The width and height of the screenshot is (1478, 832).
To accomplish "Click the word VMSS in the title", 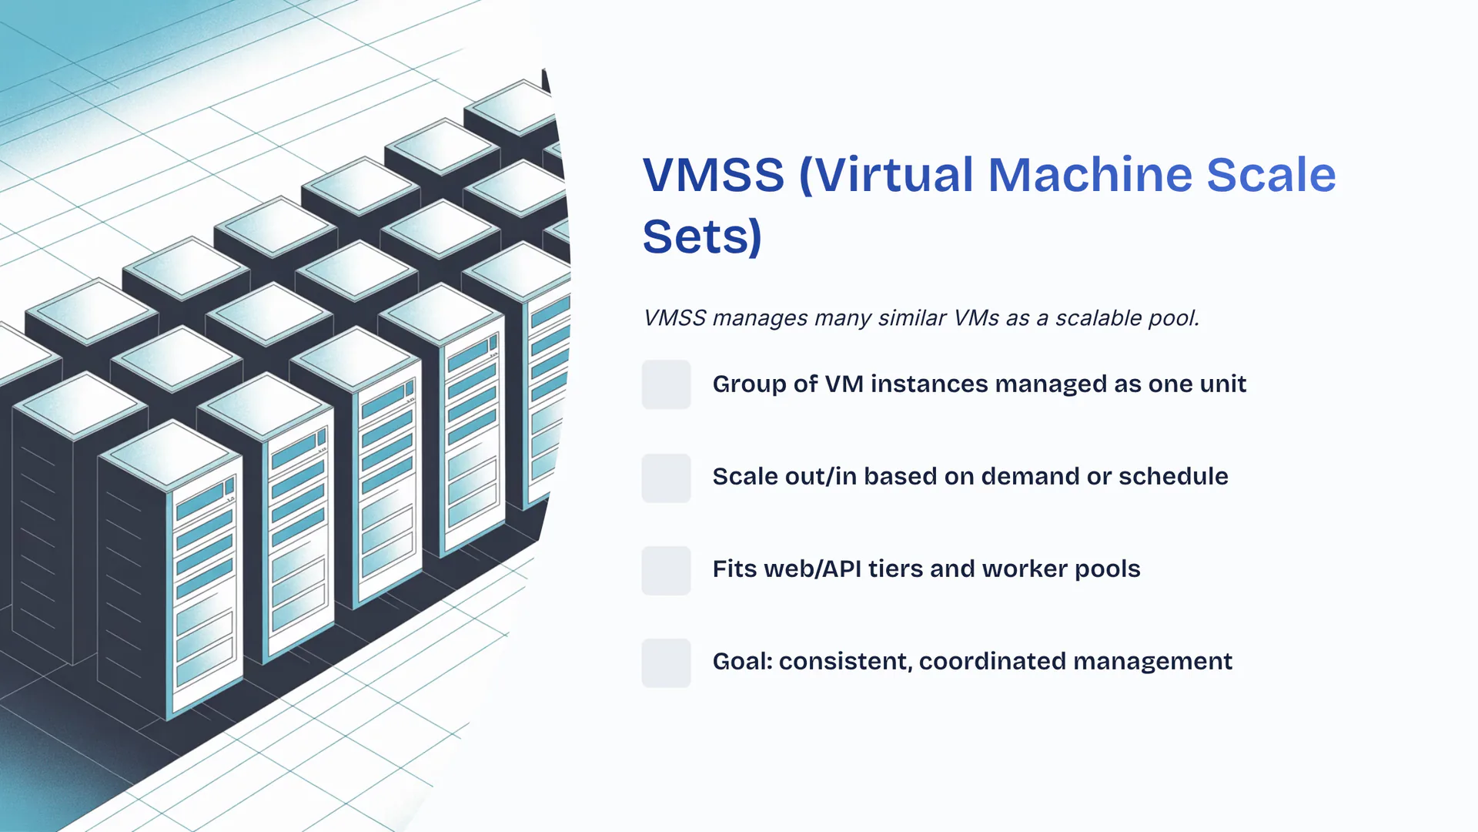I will coord(713,175).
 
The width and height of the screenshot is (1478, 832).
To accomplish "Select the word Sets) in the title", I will coord(702,237).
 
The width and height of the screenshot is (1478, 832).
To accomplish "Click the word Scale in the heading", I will coord(1270,175).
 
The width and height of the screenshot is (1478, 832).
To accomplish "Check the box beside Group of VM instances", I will coord(666,384).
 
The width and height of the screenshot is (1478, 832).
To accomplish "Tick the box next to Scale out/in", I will coord(666,478).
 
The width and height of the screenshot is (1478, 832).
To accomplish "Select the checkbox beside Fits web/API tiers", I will coord(666,570).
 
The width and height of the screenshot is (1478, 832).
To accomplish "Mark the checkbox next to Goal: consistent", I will coord(666,663).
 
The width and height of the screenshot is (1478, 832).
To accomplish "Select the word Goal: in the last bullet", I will coord(742,661).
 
